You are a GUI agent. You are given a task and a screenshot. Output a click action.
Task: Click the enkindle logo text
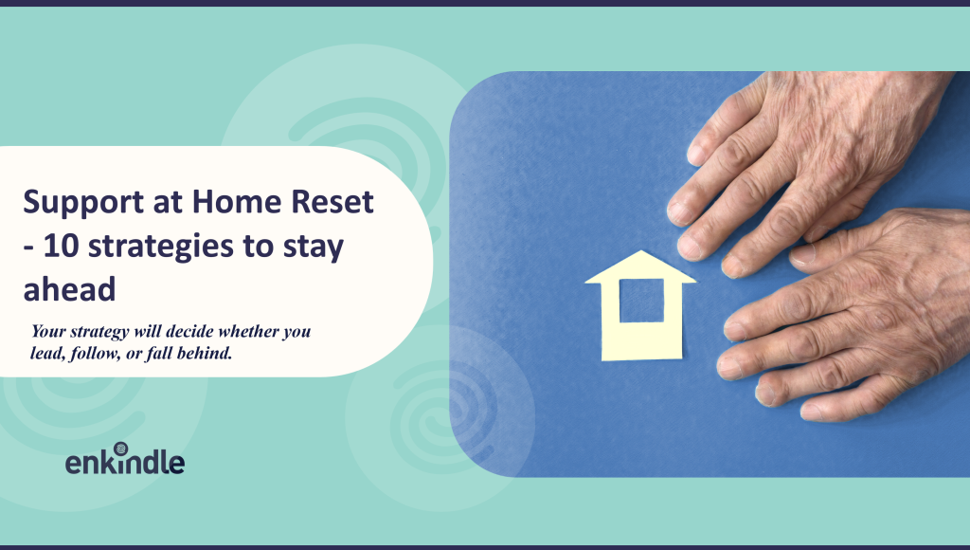point(124,463)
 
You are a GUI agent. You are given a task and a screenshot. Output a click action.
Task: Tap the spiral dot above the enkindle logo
point(120,448)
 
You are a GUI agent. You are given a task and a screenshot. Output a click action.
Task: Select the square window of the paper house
point(641,301)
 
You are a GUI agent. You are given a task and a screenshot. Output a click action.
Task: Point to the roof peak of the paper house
point(641,253)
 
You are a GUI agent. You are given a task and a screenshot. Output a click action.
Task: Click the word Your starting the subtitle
point(49,333)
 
